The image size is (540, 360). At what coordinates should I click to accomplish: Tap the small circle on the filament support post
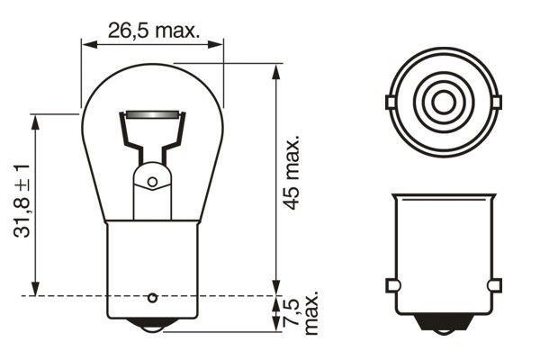click(x=152, y=182)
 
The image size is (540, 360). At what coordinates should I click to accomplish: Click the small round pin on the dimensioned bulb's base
click(x=153, y=296)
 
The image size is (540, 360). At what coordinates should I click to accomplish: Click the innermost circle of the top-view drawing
click(x=442, y=102)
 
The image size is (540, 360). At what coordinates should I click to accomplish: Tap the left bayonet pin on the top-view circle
click(x=391, y=102)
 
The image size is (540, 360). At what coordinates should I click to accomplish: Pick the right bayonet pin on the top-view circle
click(x=493, y=102)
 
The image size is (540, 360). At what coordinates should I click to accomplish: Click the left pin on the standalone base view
click(x=391, y=285)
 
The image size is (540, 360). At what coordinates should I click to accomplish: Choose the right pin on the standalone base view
click(x=493, y=285)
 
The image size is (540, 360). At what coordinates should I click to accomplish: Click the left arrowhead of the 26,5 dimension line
click(x=86, y=42)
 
